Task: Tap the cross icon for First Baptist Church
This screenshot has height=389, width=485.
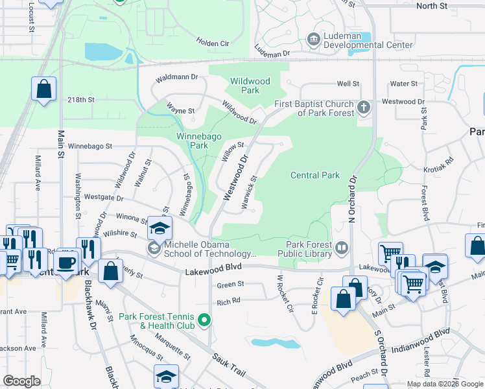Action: point(364,107)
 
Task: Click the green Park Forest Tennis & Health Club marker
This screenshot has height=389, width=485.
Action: point(204,320)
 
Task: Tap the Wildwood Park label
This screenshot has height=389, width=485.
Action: point(250,86)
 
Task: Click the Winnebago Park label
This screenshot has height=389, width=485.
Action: point(192,141)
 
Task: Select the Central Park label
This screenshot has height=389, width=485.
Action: point(315,175)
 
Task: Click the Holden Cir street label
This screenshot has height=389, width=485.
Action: point(213,43)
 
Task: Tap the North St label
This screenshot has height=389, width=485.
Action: point(432,6)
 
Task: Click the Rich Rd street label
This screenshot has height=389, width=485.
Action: point(229,301)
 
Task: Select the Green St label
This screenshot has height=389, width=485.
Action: point(230,284)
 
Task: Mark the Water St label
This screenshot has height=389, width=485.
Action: point(403,84)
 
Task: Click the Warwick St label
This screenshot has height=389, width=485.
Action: point(250,192)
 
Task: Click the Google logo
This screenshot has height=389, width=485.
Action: point(22,381)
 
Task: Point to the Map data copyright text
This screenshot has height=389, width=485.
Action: point(444,383)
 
